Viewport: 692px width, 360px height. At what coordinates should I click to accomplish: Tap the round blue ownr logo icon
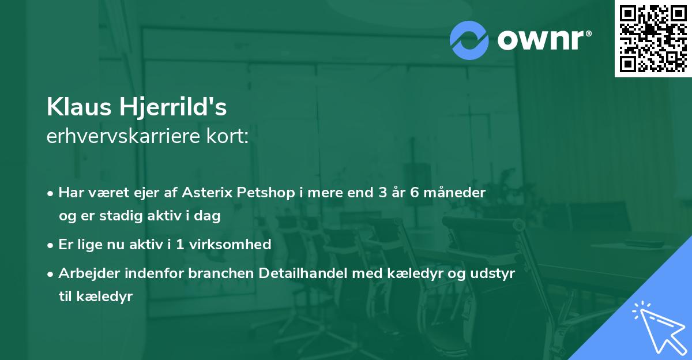[469, 40]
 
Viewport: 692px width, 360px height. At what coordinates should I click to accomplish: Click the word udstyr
[494, 273]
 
